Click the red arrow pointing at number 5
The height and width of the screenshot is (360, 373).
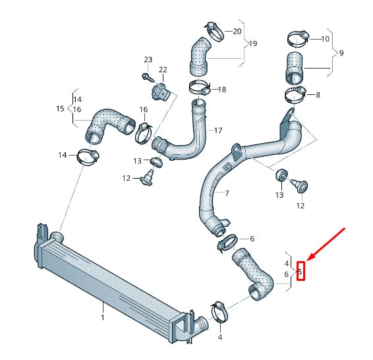[x=326, y=245]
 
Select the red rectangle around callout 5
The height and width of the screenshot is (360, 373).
[x=301, y=270]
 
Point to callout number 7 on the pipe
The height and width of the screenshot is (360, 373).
[x=227, y=194]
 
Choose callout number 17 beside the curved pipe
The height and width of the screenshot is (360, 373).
[x=218, y=131]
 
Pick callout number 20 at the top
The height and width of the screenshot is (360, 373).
[x=237, y=31]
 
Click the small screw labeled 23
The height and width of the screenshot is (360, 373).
[x=146, y=76]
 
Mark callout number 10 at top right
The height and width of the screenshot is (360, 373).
[x=325, y=39]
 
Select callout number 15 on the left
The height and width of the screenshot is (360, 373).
[x=60, y=107]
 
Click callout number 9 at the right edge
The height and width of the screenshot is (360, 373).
[x=341, y=53]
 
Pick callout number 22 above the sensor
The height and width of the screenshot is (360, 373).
[x=163, y=70]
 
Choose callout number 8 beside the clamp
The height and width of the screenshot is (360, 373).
[x=318, y=95]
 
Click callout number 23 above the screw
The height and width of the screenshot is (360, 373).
[x=148, y=60]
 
